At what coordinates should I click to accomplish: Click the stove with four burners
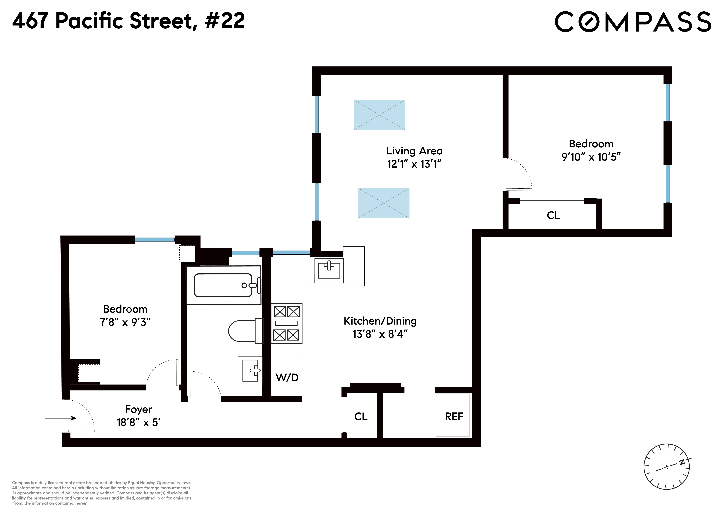tap(287, 324)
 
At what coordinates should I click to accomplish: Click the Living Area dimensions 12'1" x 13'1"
tap(414, 164)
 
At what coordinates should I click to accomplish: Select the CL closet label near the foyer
tap(361, 417)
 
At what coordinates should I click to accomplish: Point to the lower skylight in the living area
tap(384, 203)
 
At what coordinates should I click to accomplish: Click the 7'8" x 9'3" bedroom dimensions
tap(125, 322)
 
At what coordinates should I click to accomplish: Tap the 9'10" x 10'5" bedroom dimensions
tap(591, 157)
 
